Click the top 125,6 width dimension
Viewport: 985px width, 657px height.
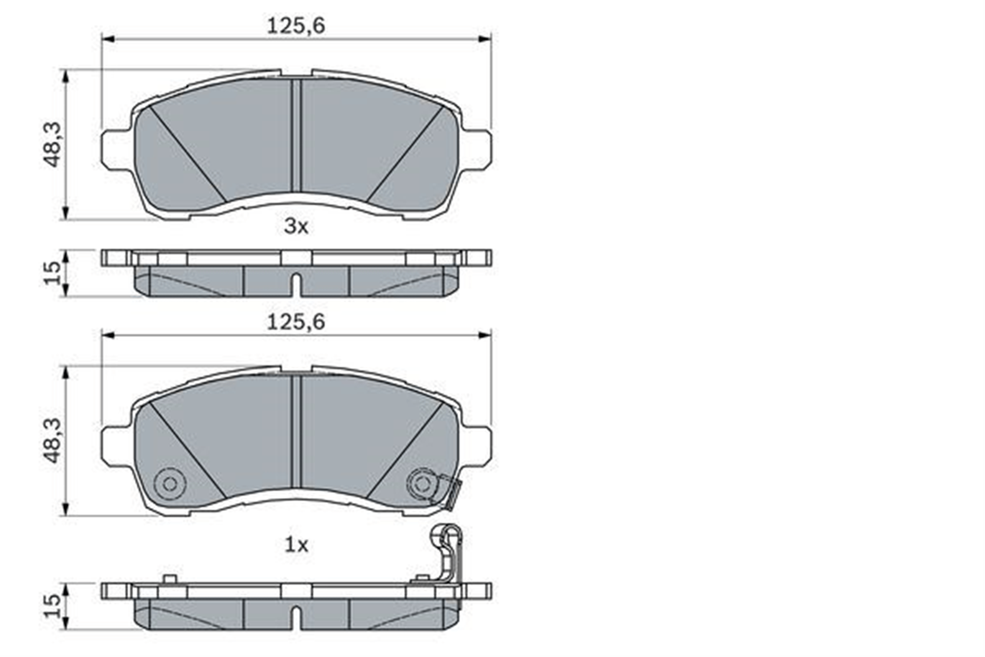[x=296, y=26]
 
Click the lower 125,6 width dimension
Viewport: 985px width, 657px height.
[x=296, y=322]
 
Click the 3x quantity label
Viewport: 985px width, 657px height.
[x=296, y=227]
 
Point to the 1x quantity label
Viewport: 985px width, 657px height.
[x=296, y=545]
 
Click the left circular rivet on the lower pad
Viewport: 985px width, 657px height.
[x=169, y=484]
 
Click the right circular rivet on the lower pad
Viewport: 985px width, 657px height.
[x=422, y=484]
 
